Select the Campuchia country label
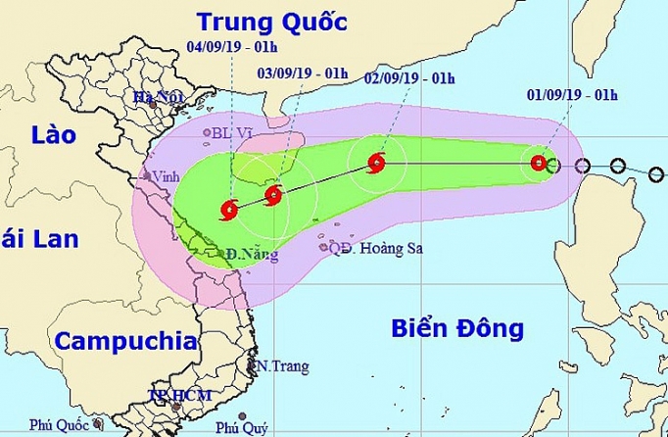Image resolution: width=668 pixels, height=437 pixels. tap(119, 342)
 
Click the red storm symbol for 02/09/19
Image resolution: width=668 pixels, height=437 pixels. tap(377, 164)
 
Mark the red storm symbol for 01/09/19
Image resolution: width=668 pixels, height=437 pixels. tap(538, 164)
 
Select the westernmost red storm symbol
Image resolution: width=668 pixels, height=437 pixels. tap(228, 208)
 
